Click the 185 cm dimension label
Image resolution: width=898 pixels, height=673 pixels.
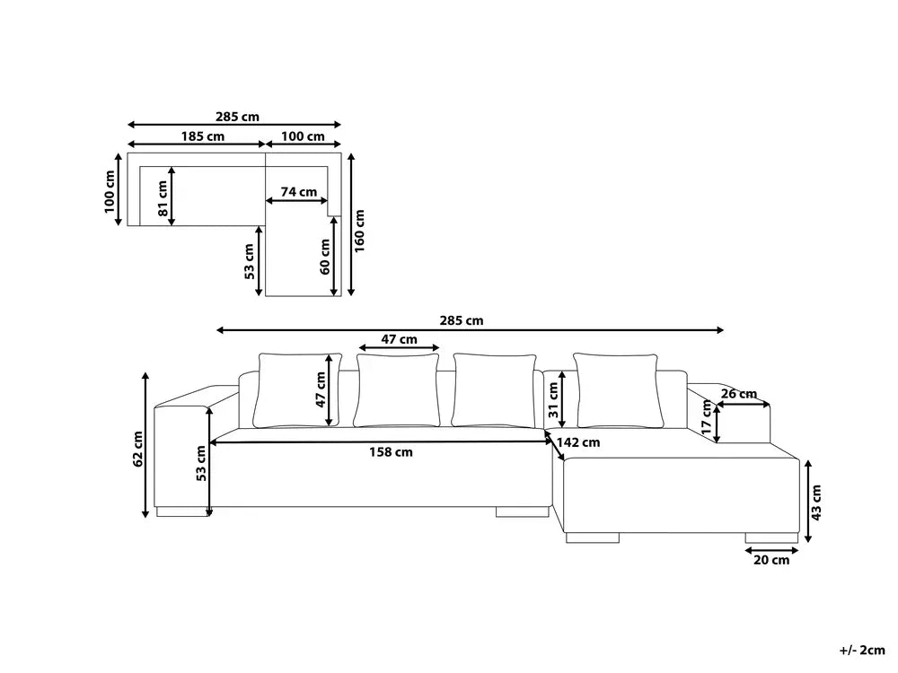pos(203,136)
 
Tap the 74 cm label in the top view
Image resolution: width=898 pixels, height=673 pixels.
pos(298,192)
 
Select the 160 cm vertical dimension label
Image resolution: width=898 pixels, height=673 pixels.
pos(359,231)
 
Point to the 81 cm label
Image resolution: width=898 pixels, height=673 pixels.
pos(163,199)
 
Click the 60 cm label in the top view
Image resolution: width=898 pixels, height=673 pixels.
pos(325,257)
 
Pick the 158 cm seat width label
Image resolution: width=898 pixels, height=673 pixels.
pos(391,452)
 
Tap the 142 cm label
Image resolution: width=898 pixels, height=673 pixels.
pos(578,442)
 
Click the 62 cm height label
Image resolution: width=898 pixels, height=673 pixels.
pos(138,450)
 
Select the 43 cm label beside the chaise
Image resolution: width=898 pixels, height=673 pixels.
pos(816,503)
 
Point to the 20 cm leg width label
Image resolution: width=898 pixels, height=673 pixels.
pos(771,560)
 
